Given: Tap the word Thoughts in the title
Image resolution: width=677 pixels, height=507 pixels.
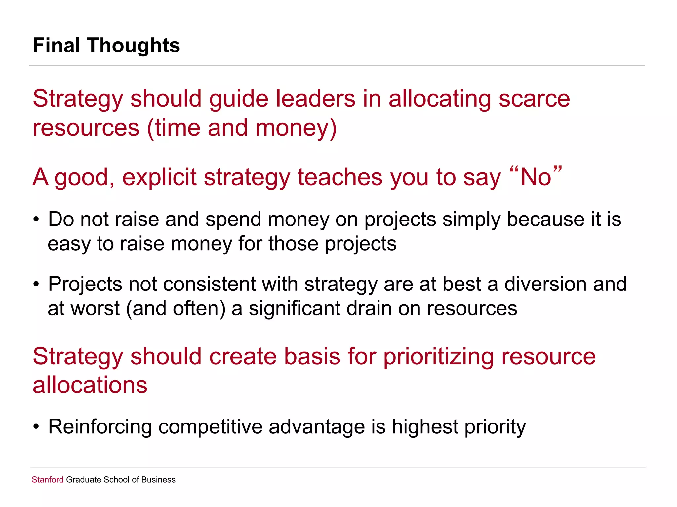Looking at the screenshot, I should coord(134,45).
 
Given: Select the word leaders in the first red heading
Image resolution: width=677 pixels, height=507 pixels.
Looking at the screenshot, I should coord(315,99).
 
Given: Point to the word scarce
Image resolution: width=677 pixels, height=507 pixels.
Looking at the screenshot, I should coord(534,99).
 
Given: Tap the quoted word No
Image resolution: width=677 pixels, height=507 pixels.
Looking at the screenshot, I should coord(536,177).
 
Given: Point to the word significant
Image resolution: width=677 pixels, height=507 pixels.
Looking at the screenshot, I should coord(294,309).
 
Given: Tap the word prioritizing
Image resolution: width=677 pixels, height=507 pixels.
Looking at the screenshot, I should coord(438,357).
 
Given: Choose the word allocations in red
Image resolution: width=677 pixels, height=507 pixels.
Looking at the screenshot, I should coord(90,385).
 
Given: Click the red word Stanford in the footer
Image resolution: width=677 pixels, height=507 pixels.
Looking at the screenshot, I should coord(48,480).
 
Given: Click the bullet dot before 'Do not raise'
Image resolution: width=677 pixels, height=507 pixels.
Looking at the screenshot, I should coord(36,220).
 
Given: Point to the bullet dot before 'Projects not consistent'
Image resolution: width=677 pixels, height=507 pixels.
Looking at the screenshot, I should coord(36,284).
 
